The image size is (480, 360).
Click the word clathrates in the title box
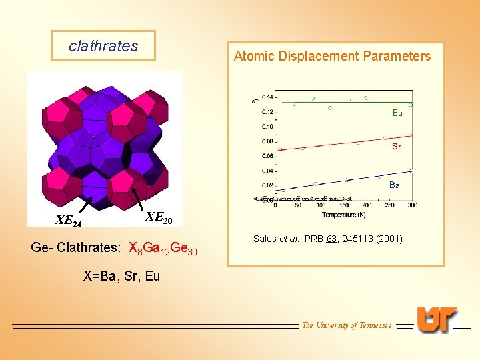(103, 46)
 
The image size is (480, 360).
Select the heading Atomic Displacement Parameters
(333, 56)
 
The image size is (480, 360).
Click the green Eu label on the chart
(397, 113)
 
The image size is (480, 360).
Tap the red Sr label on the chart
(397, 147)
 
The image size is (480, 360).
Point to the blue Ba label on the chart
(395, 185)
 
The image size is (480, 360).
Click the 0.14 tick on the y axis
(267, 97)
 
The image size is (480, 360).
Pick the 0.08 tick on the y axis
(267, 141)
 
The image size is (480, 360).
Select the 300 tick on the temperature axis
(412, 205)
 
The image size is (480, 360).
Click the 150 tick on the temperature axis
(344, 205)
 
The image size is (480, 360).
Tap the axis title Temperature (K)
(344, 214)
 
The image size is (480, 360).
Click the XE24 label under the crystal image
(68, 221)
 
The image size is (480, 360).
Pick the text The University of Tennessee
(347, 325)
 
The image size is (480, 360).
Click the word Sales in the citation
(265, 239)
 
